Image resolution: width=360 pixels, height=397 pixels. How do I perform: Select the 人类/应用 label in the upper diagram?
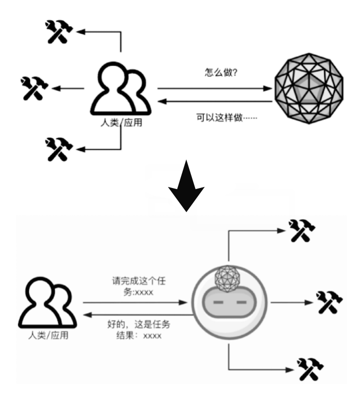121,122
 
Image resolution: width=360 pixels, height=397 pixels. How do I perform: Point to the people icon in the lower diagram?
47,303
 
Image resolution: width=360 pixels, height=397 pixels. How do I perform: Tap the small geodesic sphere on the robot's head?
227,277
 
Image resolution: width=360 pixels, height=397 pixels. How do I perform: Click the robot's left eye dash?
217,303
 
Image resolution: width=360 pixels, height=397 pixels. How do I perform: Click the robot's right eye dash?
241,303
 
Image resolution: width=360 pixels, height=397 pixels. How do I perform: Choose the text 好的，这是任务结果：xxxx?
138,330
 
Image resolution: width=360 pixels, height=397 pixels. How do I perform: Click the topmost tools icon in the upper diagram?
59,31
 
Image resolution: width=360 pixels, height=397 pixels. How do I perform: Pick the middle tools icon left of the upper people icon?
34,88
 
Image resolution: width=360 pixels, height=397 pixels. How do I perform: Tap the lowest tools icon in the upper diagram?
59,148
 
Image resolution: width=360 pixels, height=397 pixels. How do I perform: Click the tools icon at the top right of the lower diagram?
302,230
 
